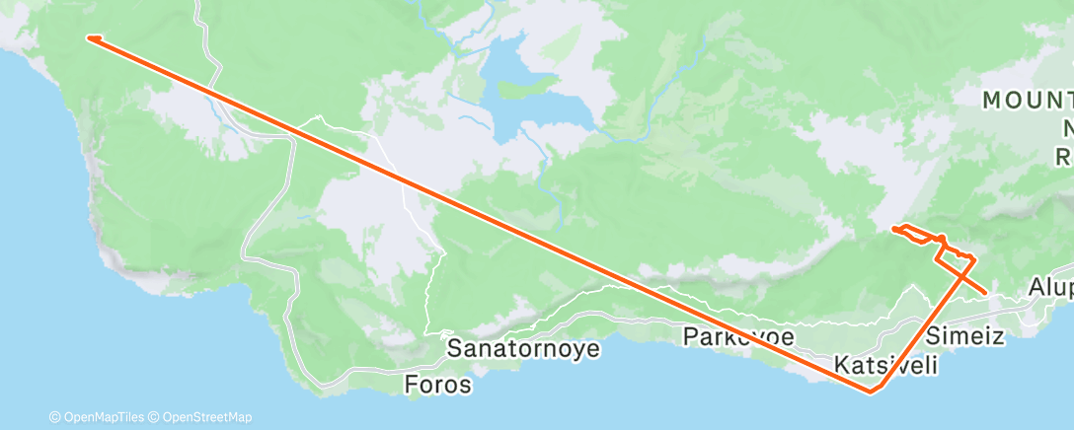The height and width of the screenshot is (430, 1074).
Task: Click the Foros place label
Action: pyautogui.click(x=438, y=385)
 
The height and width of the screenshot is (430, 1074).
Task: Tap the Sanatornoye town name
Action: pyautogui.click(x=523, y=348)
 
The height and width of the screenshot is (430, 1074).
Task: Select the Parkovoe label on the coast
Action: pyautogui.click(x=739, y=336)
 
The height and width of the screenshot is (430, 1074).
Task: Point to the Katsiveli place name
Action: pyautogui.click(x=885, y=365)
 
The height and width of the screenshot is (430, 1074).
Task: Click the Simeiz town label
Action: pyautogui.click(x=965, y=335)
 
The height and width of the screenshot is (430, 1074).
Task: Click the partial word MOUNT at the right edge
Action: pyautogui.click(x=1027, y=100)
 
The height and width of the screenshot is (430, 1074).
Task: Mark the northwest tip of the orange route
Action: pyautogui.click(x=89, y=38)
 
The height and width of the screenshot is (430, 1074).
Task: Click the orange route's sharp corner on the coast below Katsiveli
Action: pyautogui.click(x=870, y=393)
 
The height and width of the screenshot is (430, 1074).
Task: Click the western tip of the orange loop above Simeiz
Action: pyautogui.click(x=893, y=229)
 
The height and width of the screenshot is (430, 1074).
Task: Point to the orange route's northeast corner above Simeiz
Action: pyautogui.click(x=973, y=257)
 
